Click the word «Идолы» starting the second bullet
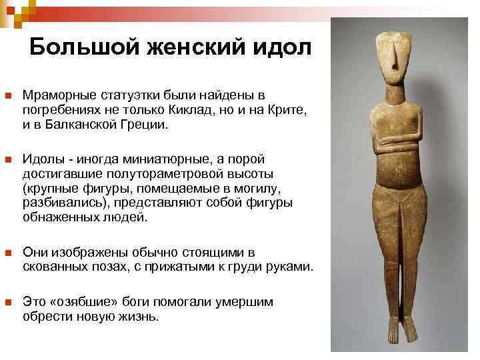[42, 159]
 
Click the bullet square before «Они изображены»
[8, 253]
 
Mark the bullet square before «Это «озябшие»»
[8, 303]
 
